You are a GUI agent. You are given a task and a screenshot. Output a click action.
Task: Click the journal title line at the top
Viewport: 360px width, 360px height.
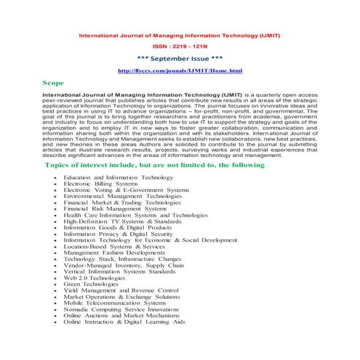pos(180,33)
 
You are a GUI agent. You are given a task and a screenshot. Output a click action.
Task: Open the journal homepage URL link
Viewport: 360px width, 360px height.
pos(180,71)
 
